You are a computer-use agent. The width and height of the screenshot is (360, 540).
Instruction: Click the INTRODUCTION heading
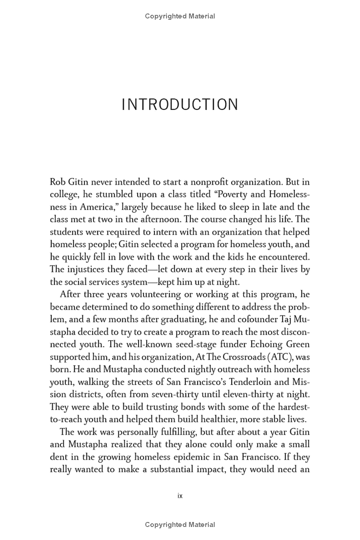coord(180,104)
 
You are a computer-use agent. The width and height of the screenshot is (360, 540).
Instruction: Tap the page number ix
coord(180,496)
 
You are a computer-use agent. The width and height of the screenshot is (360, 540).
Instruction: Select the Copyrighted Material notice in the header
coord(180,16)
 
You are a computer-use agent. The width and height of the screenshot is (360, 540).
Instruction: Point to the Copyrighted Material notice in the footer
coord(180,525)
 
